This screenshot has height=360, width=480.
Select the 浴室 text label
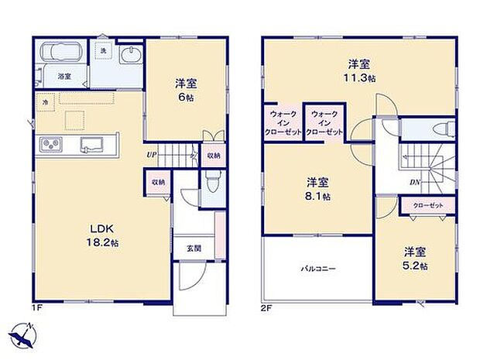coord(64,77)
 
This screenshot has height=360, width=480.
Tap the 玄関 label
coord(193,249)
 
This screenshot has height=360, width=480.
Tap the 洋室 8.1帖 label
coord(317,190)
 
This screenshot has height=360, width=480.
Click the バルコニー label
coord(318,269)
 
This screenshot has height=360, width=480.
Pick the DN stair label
coord(415,183)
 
